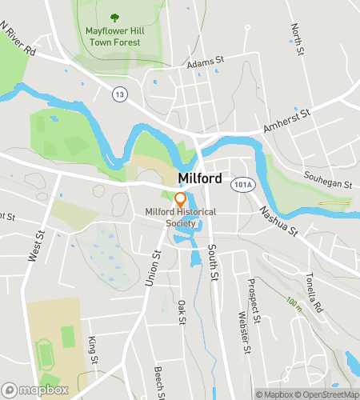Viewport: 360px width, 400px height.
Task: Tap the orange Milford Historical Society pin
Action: (x=181, y=199)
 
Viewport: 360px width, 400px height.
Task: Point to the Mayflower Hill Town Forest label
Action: (x=113, y=37)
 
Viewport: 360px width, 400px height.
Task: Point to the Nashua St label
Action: (x=277, y=222)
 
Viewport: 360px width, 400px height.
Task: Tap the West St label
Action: (x=34, y=246)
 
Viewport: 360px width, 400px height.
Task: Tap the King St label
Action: (x=94, y=348)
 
